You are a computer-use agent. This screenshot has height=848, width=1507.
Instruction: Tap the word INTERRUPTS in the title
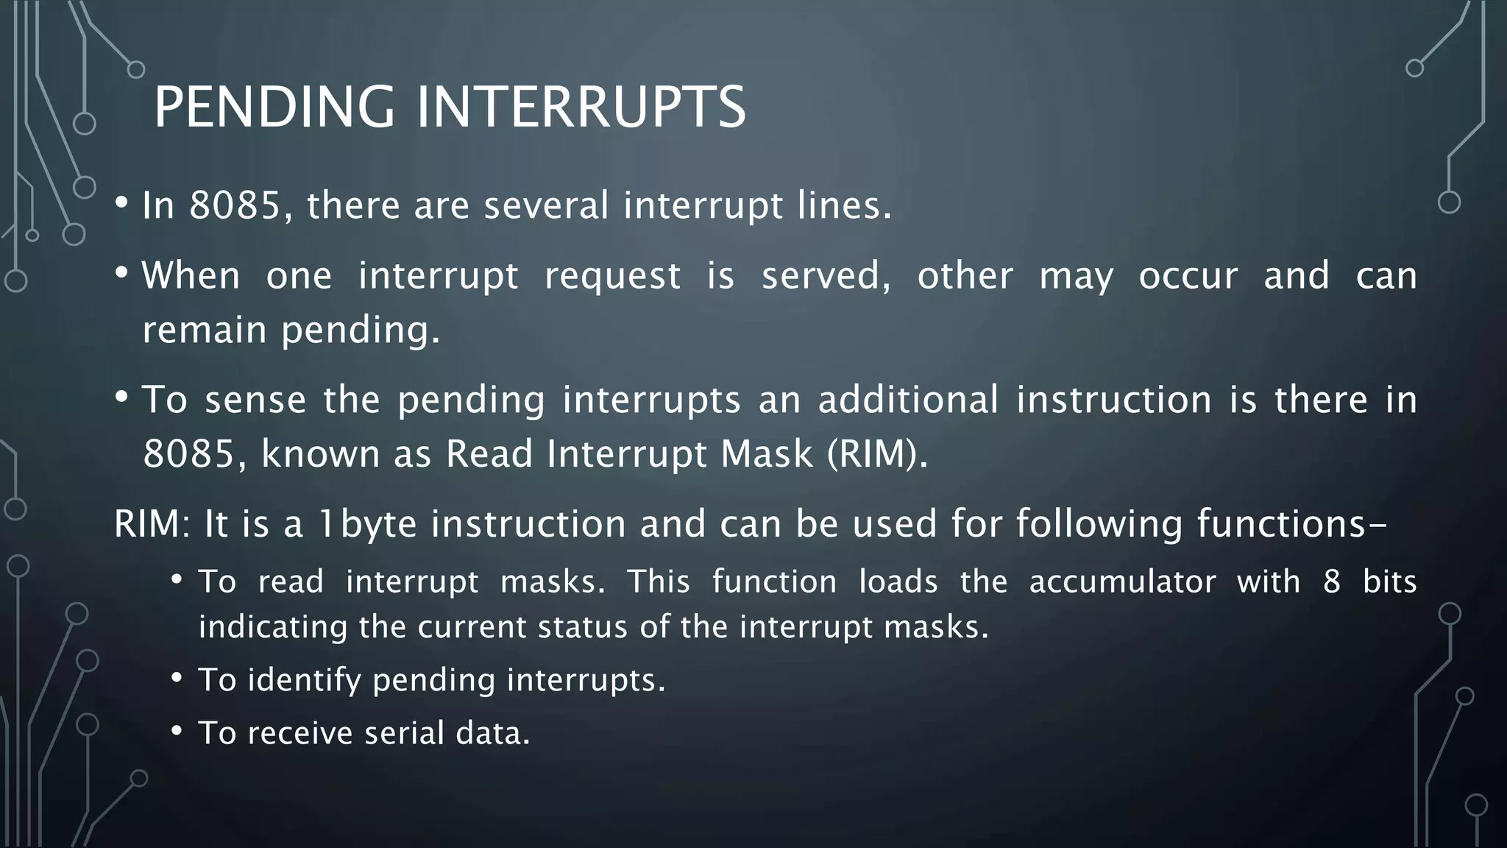tap(581, 107)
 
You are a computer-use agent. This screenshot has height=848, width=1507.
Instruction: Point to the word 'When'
tap(191, 276)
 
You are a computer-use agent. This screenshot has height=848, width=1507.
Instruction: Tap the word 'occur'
tap(1188, 276)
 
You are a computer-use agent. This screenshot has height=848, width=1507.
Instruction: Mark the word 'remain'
tap(204, 330)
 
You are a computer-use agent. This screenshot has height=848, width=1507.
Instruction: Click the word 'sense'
tap(255, 400)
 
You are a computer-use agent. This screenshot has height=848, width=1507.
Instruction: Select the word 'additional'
tap(908, 400)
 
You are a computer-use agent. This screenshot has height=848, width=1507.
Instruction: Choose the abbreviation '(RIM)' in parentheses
tap(877, 453)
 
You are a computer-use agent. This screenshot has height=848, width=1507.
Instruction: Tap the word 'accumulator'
tap(1123, 582)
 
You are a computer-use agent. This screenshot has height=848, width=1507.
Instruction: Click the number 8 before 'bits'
tap(1332, 582)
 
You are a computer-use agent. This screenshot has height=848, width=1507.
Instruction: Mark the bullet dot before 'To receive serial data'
tap(177, 732)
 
